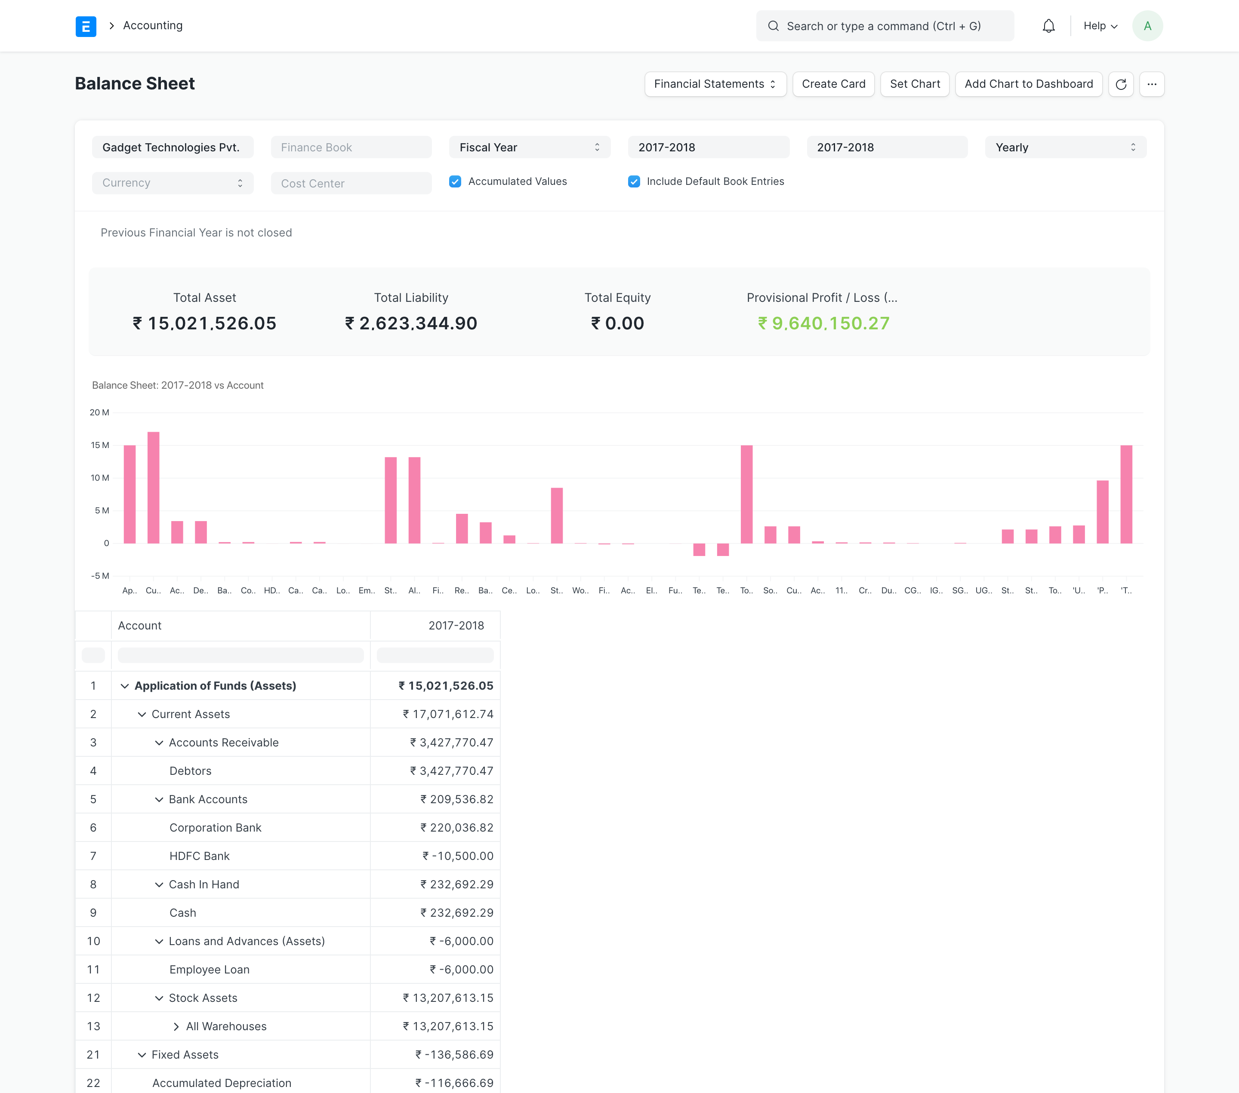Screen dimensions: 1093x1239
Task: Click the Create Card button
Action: coord(833,84)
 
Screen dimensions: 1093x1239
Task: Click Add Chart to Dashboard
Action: coord(1028,84)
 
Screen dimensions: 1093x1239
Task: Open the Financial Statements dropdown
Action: coord(715,84)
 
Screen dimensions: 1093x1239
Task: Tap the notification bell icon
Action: coord(1048,26)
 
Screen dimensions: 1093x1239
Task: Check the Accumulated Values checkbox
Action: coord(455,182)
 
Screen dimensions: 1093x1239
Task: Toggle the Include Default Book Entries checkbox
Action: coord(633,182)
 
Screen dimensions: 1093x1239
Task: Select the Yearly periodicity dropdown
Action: coord(1065,147)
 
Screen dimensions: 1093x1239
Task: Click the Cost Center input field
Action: coord(351,184)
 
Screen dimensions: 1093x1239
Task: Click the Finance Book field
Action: coord(351,147)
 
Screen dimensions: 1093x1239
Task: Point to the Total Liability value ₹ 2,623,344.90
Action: coord(411,323)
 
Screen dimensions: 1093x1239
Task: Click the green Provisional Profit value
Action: coord(823,323)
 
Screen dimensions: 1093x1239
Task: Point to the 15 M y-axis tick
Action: coord(100,445)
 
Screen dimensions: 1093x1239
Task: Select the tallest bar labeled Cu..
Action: coord(153,487)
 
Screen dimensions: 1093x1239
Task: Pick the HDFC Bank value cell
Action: coord(458,856)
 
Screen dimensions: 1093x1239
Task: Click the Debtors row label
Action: coord(190,771)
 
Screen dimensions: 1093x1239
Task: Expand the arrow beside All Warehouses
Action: coord(176,1026)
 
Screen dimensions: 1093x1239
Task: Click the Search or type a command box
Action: coord(885,26)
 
